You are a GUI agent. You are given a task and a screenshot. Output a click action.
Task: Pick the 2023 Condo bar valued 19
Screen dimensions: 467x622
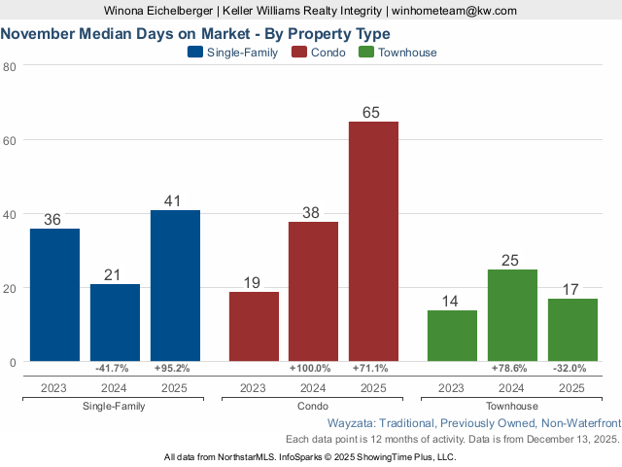[x=254, y=327]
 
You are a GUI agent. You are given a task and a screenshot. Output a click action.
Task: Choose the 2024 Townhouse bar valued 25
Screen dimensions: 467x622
[x=512, y=315]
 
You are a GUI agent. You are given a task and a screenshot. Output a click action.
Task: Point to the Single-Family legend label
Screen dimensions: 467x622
[x=242, y=53]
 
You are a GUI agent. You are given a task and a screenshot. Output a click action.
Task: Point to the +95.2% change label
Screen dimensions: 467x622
[x=175, y=369]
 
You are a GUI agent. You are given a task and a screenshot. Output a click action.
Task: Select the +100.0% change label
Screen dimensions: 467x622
[x=314, y=369]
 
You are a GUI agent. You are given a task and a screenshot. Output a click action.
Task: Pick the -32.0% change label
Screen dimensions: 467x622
[x=572, y=369]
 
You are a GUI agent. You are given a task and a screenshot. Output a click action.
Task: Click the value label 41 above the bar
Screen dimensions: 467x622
[x=175, y=200]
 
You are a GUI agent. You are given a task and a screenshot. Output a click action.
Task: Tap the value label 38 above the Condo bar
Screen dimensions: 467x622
[x=314, y=211]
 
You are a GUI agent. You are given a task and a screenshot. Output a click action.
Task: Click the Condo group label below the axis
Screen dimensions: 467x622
[x=314, y=406]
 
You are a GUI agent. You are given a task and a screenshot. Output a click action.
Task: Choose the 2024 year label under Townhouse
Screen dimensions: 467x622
[x=512, y=387]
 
